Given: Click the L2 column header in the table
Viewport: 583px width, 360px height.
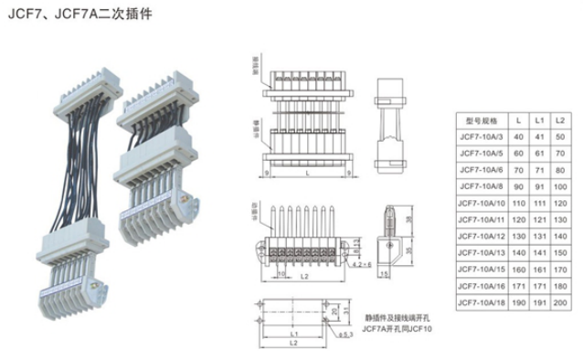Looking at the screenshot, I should [x=560, y=121].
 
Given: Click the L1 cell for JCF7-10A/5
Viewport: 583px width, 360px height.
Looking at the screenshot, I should [x=540, y=154].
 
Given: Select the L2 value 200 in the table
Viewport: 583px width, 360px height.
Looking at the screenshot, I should [x=560, y=302].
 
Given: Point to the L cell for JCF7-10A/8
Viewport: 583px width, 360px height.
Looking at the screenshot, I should [x=519, y=186].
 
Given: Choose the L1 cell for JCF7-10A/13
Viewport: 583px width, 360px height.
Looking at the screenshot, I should [x=540, y=253].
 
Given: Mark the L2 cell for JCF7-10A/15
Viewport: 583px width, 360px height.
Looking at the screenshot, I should [x=560, y=270].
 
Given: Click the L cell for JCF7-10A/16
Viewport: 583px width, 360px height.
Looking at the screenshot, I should [x=519, y=286].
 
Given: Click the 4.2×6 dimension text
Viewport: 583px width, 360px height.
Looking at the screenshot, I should [x=362, y=264].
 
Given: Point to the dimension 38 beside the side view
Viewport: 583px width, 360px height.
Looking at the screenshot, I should [x=408, y=219].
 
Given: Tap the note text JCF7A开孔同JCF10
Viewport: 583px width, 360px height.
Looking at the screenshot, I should [x=397, y=328].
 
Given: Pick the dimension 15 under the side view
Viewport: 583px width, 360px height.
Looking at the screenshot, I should [x=384, y=273].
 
